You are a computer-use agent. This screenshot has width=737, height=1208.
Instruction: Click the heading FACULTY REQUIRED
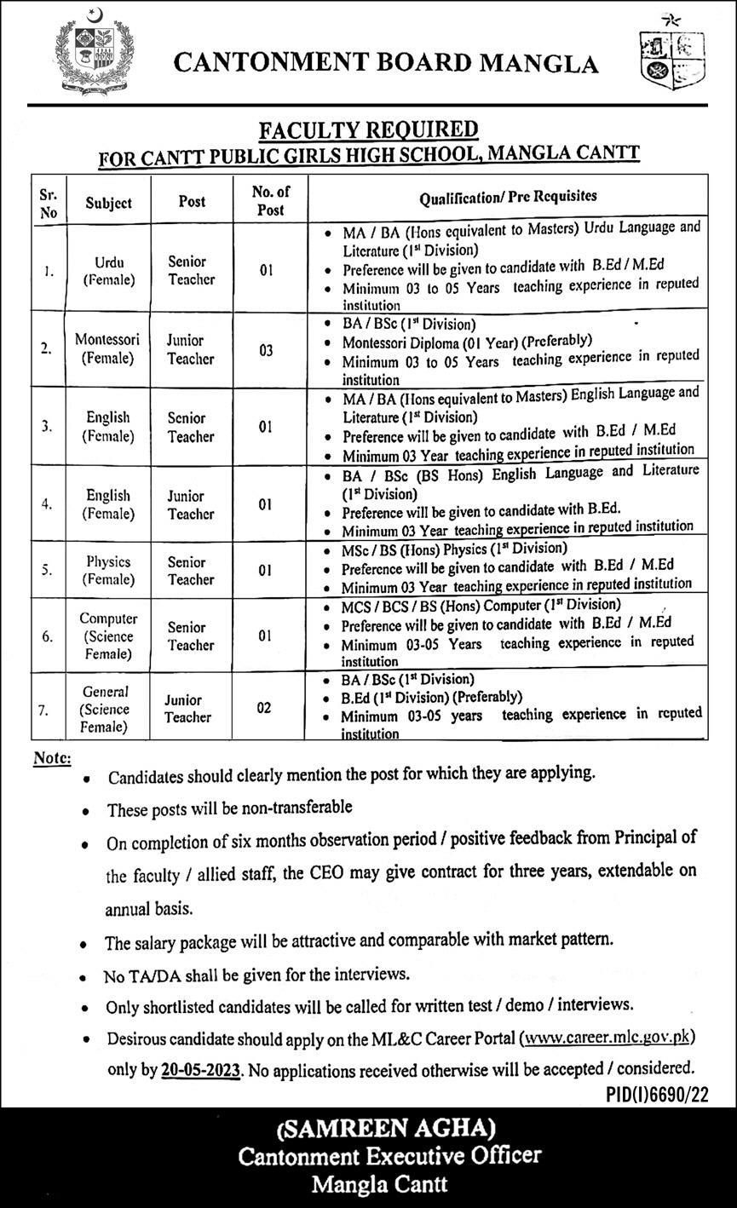pyautogui.click(x=369, y=129)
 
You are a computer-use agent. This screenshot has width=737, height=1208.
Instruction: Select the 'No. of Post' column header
pyautogui.click(x=270, y=201)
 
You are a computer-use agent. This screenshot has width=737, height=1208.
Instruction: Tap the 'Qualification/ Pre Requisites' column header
pyautogui.click(x=508, y=197)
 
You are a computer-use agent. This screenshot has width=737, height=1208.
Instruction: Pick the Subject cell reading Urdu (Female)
pyautogui.click(x=109, y=270)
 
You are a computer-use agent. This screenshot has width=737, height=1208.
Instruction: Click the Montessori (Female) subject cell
pyautogui.click(x=107, y=348)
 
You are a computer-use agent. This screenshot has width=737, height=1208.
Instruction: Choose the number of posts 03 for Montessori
pyautogui.click(x=267, y=349)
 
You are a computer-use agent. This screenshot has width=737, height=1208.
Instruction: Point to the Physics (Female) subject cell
pyautogui.click(x=108, y=571)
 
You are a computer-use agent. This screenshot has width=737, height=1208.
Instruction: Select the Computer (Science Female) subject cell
pyautogui.click(x=108, y=636)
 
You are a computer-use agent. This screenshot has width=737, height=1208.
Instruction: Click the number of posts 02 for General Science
pyautogui.click(x=266, y=707)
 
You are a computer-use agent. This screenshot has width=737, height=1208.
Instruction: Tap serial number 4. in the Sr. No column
pyautogui.click(x=49, y=504)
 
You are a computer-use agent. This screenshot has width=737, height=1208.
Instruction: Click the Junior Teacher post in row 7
pyautogui.click(x=187, y=709)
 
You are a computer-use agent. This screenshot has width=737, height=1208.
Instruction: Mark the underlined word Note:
pyautogui.click(x=52, y=758)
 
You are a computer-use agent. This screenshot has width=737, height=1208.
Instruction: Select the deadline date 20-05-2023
pyautogui.click(x=201, y=1068)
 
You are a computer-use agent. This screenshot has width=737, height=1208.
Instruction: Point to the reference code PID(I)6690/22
pyautogui.click(x=657, y=1094)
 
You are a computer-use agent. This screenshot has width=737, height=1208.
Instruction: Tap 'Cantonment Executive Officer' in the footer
pyautogui.click(x=389, y=1156)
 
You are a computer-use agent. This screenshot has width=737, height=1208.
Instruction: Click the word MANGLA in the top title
pyautogui.click(x=538, y=63)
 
